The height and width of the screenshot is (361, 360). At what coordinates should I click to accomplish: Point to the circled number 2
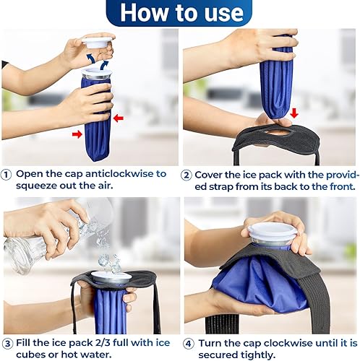[x=187, y=174]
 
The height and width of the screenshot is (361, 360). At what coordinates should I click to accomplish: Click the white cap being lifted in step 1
[x=96, y=43]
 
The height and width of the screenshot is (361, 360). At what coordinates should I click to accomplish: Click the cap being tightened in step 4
[x=272, y=233]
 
